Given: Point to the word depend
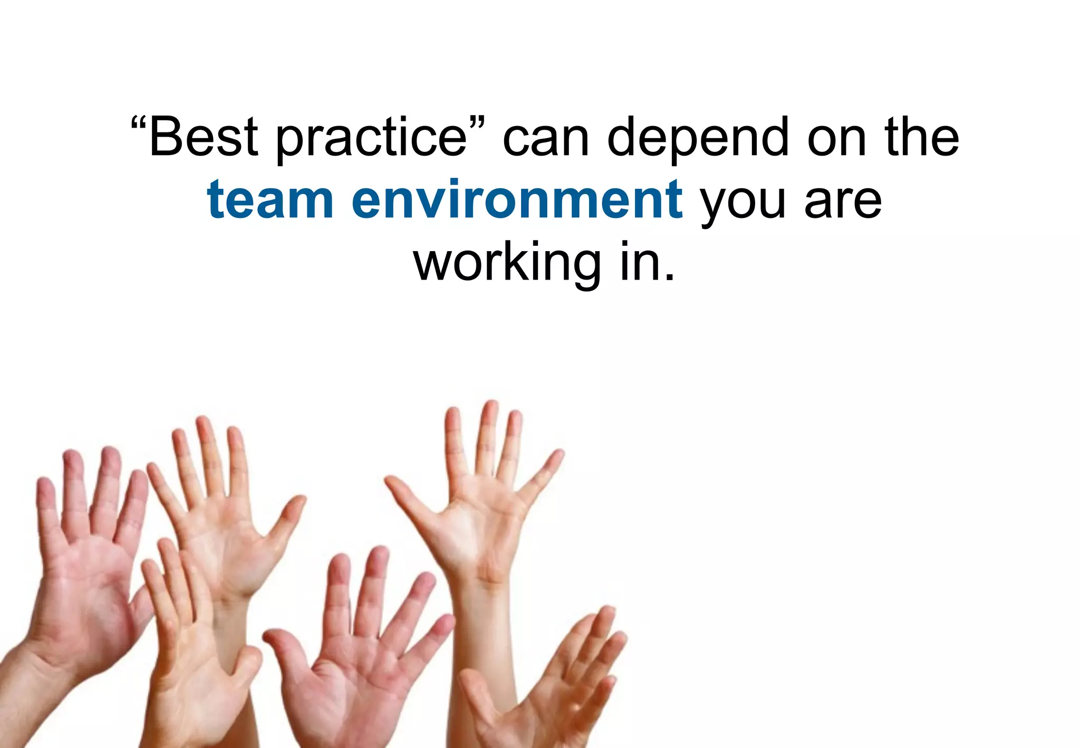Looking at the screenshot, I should click(698, 138).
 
